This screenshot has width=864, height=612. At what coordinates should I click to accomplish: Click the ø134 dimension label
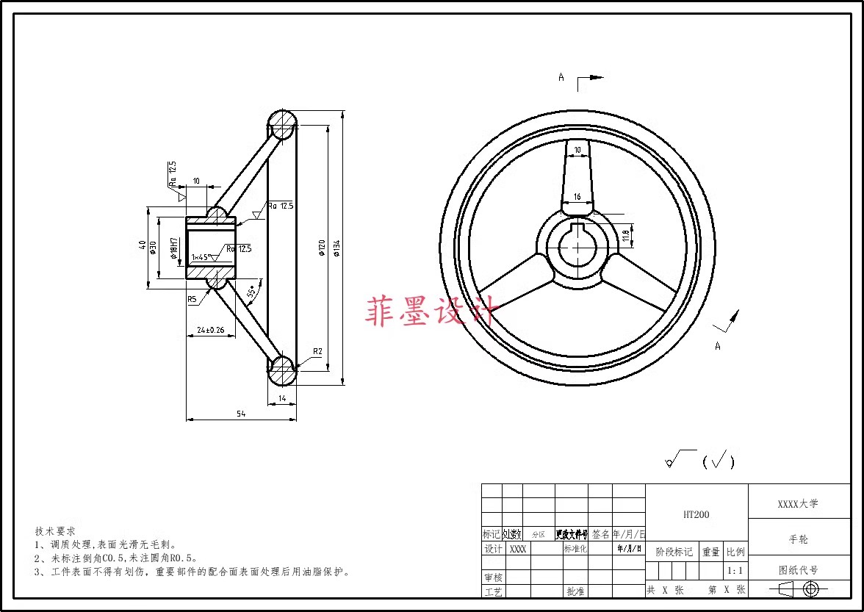[x=337, y=249]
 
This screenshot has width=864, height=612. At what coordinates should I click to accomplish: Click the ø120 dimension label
[x=321, y=249]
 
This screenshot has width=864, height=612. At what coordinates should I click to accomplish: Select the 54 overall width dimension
[x=241, y=414]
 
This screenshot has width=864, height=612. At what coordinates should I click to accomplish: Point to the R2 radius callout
[x=317, y=351]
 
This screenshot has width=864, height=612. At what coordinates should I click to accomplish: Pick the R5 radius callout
[x=192, y=299]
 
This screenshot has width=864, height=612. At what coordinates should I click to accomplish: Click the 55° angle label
[x=253, y=292]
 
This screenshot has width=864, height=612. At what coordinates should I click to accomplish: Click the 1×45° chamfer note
[x=201, y=257]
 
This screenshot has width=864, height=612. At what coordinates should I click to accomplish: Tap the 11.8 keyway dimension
[x=625, y=235]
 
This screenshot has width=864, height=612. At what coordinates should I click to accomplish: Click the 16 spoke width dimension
[x=577, y=197]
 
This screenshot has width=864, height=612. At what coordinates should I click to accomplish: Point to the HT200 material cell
[x=696, y=514]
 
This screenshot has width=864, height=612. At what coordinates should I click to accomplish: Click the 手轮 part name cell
[x=799, y=539]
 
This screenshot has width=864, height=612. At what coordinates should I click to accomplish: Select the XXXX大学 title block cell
[x=798, y=504]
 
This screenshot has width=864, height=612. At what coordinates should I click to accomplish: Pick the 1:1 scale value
[x=735, y=570]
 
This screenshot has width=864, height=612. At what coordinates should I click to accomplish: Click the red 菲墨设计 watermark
[x=433, y=310]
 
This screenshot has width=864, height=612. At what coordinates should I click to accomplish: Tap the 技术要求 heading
[x=55, y=530]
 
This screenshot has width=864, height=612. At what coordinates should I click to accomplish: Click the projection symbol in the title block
[x=799, y=588]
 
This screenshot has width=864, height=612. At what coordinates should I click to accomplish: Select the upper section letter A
[x=561, y=76]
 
